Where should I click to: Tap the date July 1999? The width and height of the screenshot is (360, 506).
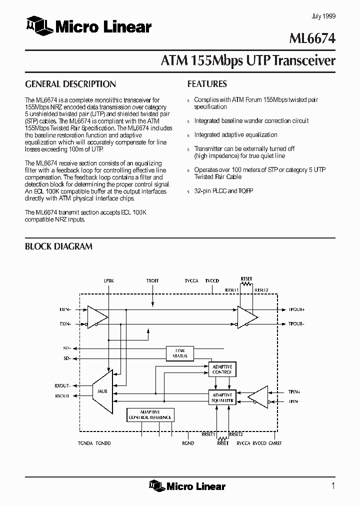(323, 16)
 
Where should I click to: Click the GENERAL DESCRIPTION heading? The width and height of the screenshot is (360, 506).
(70, 84)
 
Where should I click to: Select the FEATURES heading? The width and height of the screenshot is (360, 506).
(207, 84)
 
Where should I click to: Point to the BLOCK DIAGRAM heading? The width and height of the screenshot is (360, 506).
(58, 246)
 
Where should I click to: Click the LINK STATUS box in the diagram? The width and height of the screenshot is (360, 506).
(180, 353)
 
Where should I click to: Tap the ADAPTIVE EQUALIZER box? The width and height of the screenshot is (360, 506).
(222, 397)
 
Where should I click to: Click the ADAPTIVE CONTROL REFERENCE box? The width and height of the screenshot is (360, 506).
(150, 414)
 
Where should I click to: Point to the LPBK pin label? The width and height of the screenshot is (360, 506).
(109, 281)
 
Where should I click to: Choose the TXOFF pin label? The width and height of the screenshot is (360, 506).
(153, 281)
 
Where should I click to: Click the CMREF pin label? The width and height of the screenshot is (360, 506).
(275, 443)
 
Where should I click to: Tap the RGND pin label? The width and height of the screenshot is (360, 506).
(188, 443)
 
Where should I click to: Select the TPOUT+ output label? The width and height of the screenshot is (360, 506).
(296, 309)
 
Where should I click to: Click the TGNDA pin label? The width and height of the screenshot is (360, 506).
(85, 443)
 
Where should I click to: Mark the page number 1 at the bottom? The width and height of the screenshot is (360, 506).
(332, 485)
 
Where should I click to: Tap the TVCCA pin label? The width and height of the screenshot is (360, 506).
(191, 281)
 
